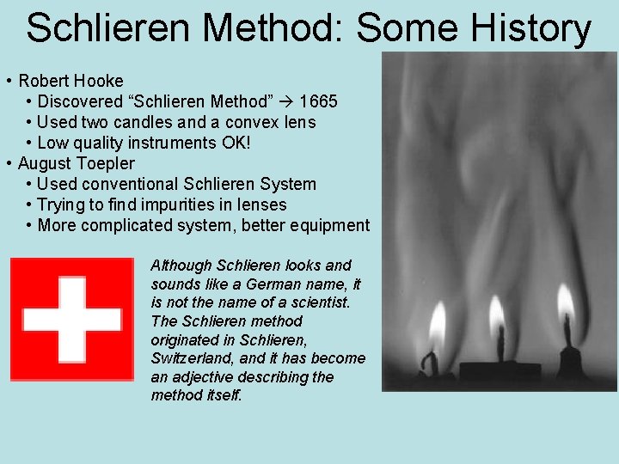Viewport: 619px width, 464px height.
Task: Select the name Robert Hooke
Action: [x=70, y=81]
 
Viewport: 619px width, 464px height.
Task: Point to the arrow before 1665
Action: [x=287, y=101]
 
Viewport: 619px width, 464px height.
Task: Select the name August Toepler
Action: [x=76, y=163]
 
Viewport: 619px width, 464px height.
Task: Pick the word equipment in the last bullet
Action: [x=328, y=225]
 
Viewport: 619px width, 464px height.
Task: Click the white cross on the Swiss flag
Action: [x=71, y=320]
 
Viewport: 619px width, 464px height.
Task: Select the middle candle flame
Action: [x=497, y=318]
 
